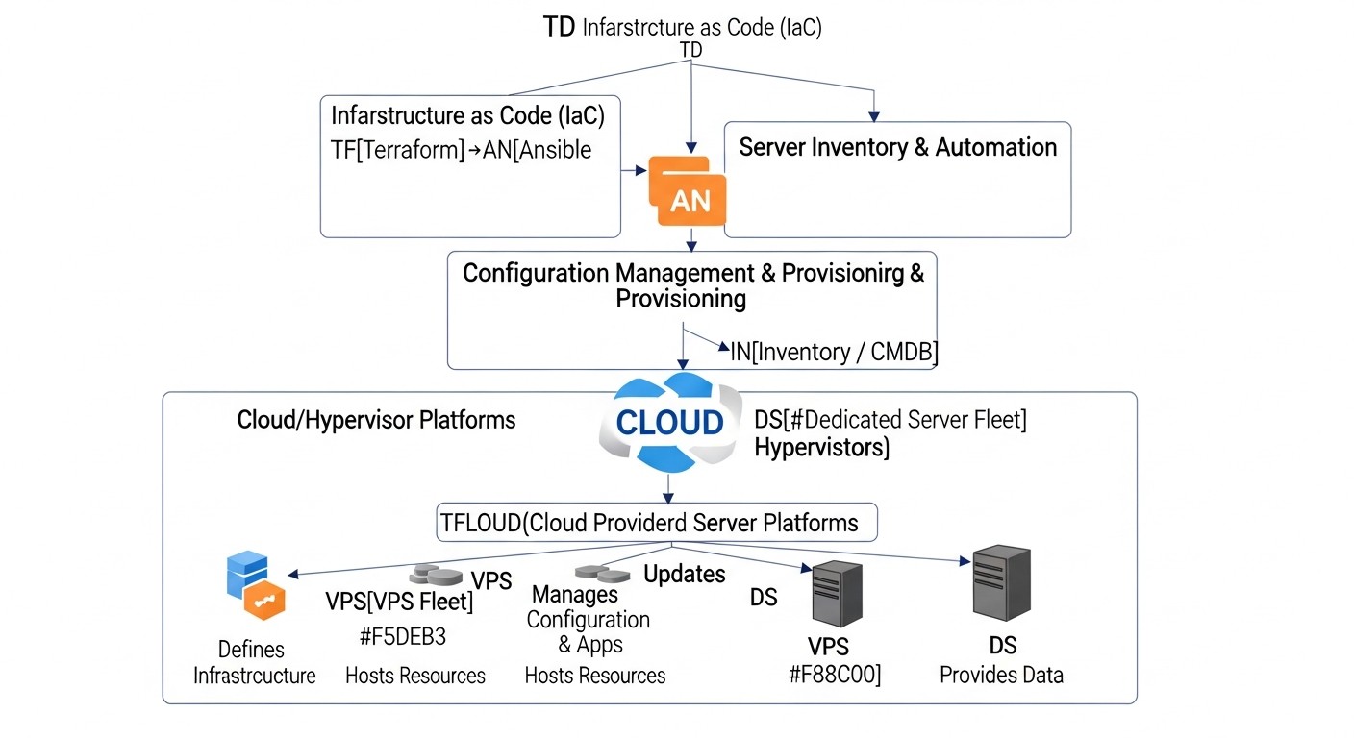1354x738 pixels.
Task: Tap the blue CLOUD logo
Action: tap(670, 422)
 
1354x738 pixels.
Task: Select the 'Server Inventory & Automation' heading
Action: tap(897, 147)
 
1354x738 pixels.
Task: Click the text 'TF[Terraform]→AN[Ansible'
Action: tap(461, 150)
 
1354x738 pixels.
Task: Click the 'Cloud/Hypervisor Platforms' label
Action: tap(376, 420)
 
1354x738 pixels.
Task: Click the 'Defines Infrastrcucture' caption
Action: tap(254, 662)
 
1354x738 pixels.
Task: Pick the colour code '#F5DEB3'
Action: tap(402, 637)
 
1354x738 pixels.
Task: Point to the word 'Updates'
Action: tap(684, 575)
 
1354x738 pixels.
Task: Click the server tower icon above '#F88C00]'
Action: tap(837, 595)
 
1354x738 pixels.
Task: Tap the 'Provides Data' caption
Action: tap(1001, 675)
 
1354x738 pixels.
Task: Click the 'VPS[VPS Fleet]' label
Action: tap(399, 603)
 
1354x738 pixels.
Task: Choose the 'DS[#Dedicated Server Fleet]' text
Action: tap(890, 420)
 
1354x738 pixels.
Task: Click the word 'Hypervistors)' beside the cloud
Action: tap(821, 447)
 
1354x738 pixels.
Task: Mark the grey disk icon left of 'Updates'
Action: tap(601, 574)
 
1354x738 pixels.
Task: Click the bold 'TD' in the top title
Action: tap(560, 27)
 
